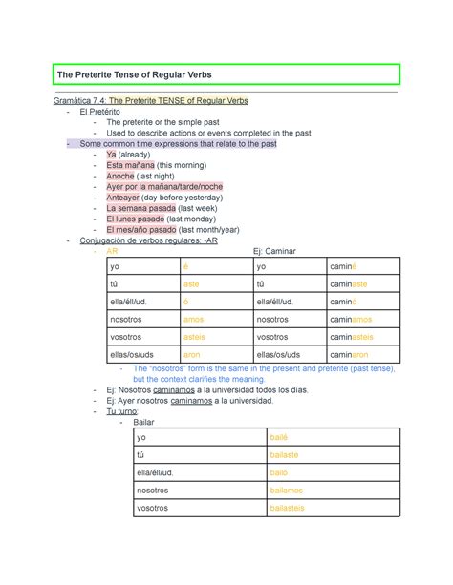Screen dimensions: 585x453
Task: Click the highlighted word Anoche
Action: pyautogui.click(x=120, y=176)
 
